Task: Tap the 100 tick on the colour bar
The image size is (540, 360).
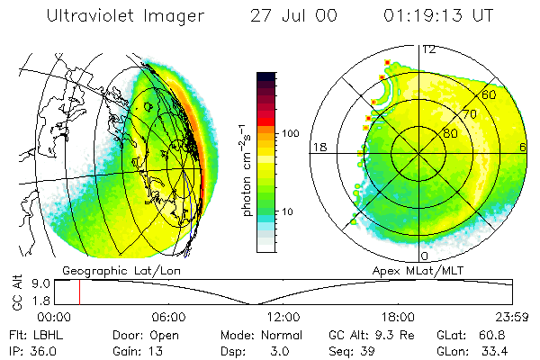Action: pos(292,133)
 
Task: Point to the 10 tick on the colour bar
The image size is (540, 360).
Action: pos(289,211)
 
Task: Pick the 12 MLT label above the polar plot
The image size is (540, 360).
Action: pos(429,49)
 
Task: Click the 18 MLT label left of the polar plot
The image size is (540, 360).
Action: pos(318,147)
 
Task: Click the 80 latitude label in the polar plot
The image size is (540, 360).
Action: pos(450,133)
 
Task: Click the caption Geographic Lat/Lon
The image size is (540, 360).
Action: pos(105,270)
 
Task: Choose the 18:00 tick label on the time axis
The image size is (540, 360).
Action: pos(397,317)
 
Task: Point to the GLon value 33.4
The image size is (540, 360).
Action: pos(499,350)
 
